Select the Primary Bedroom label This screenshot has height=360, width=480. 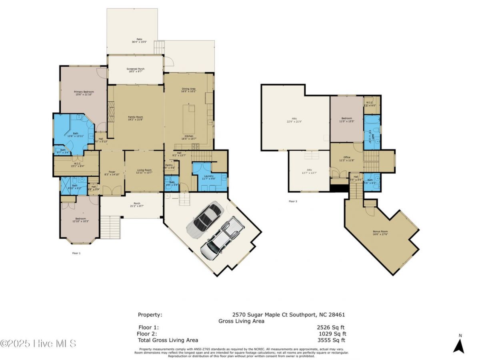click(84, 93)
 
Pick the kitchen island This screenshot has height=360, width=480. click(189, 119)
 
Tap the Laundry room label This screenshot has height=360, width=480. click(208, 177)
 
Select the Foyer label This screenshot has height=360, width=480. click(112, 173)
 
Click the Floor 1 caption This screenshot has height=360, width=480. click(76, 253)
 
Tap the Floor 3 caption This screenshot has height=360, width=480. click(293, 201)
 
